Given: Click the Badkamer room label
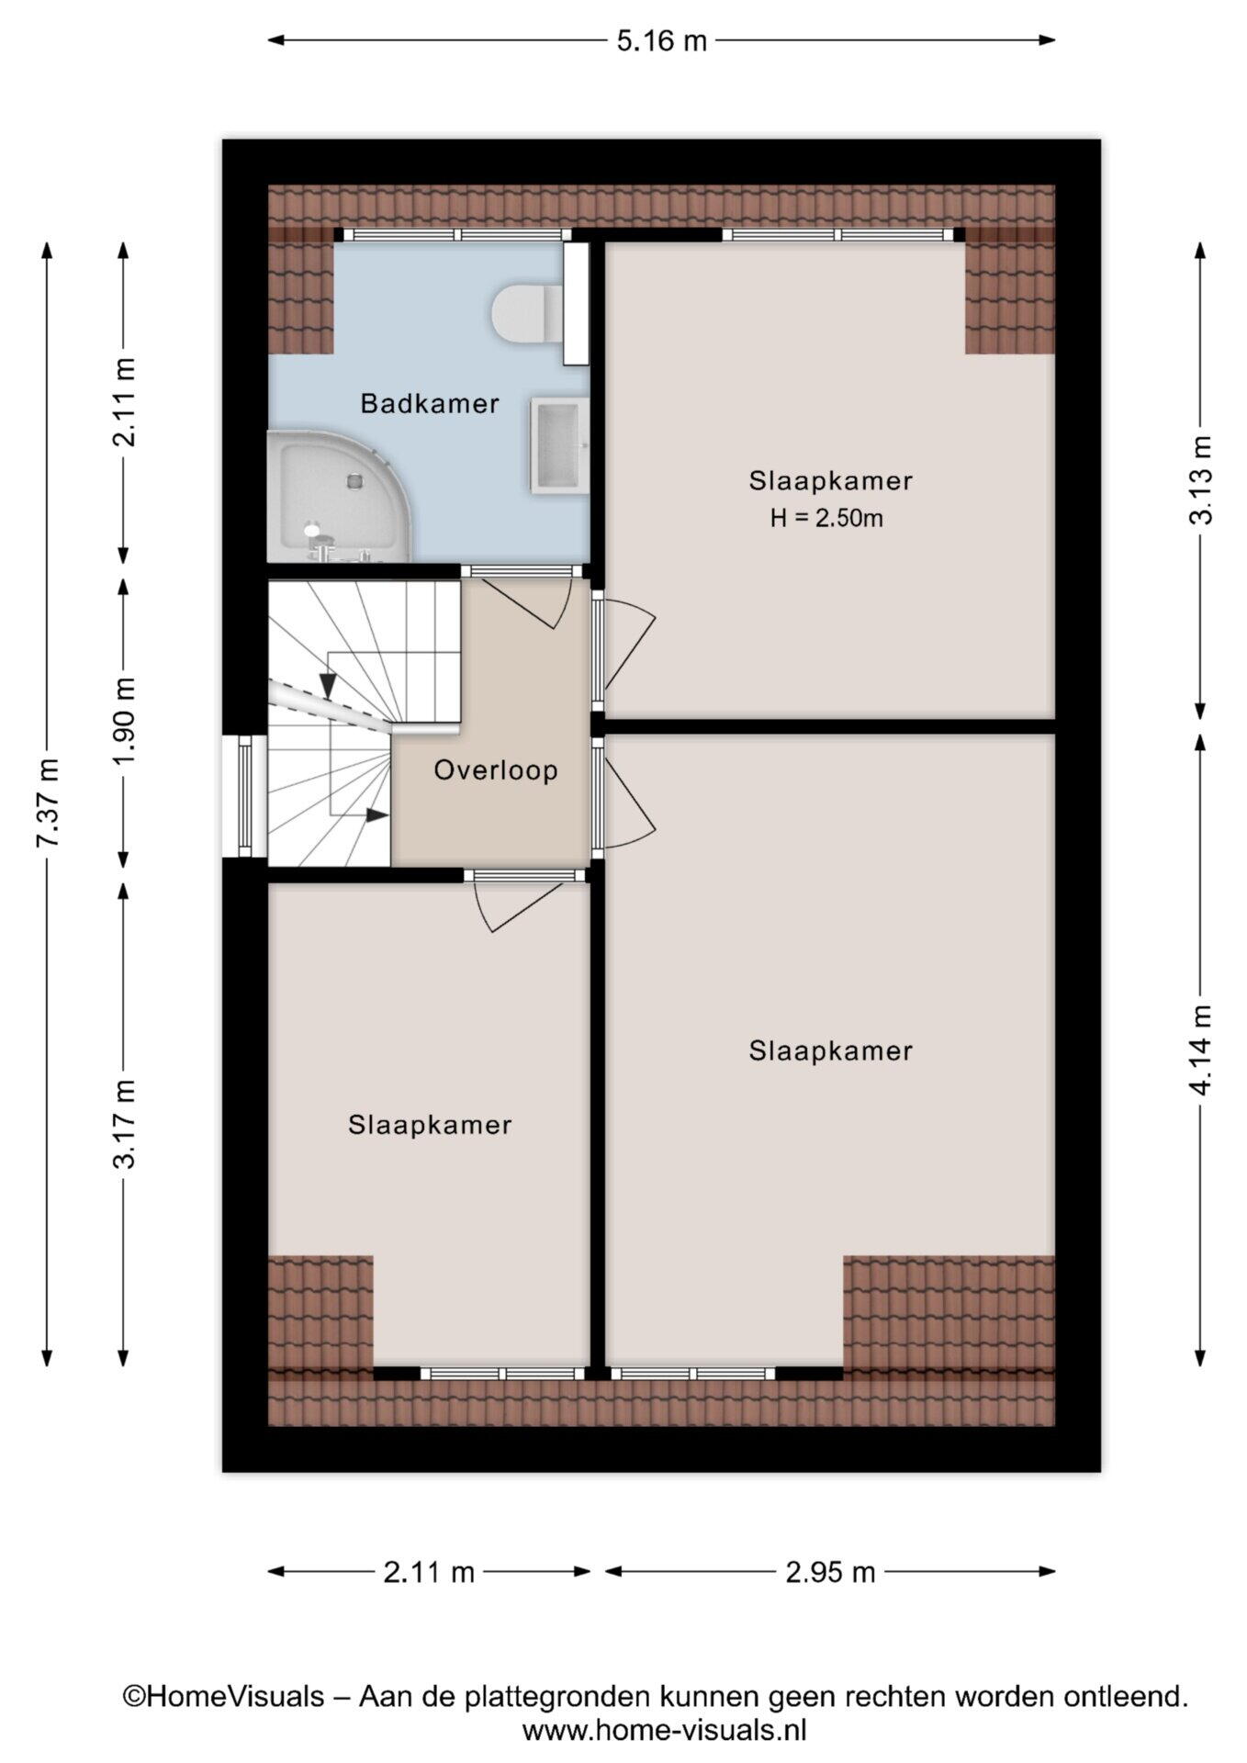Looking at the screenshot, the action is click(430, 403).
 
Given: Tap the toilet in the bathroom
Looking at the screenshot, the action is click(528, 312).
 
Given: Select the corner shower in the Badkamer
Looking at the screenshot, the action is click(339, 497).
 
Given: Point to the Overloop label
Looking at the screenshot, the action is click(496, 769).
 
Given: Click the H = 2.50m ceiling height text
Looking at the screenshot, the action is click(826, 519).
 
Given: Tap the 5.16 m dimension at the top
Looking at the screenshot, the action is click(661, 40).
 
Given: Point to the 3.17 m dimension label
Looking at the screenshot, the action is click(124, 1124).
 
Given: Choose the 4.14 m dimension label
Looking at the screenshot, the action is click(1200, 1050).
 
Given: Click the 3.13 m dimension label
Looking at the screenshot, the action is click(1200, 479).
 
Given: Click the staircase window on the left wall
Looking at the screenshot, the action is click(244, 796).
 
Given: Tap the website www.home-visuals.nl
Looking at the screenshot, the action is click(665, 1731).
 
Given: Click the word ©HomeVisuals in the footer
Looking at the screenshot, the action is click(224, 1696).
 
